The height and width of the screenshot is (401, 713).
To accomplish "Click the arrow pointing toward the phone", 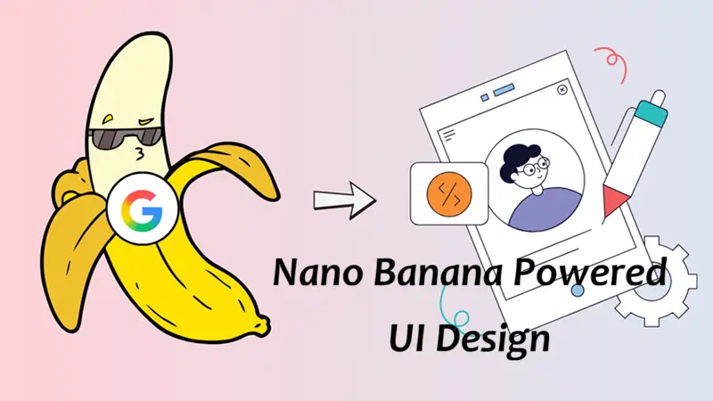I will [344, 198].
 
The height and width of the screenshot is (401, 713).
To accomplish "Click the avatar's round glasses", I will [533, 168].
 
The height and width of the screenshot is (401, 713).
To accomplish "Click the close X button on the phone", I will [562, 90].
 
